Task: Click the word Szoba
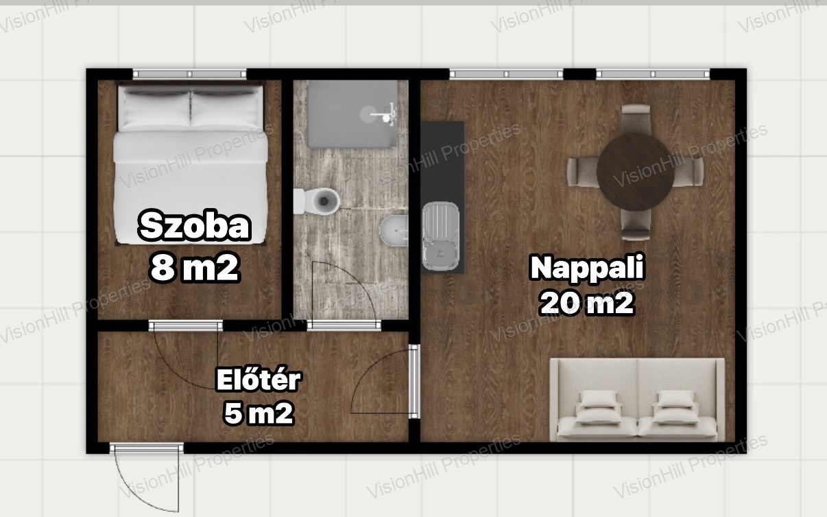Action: [195, 226]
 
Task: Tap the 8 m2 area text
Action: [195, 268]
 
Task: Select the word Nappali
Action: [587, 268]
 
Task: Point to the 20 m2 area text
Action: [587, 303]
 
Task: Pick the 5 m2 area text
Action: [259, 413]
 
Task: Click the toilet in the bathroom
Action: [317, 201]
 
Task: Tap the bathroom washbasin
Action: [394, 231]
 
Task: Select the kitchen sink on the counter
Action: [441, 236]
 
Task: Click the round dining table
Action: [636, 172]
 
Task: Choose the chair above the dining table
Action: [636, 119]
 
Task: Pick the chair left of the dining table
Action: [583, 172]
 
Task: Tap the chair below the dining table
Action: [635, 225]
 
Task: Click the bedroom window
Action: [189, 74]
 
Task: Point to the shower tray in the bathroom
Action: [352, 114]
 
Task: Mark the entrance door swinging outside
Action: [147, 479]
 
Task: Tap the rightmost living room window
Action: [653, 74]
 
